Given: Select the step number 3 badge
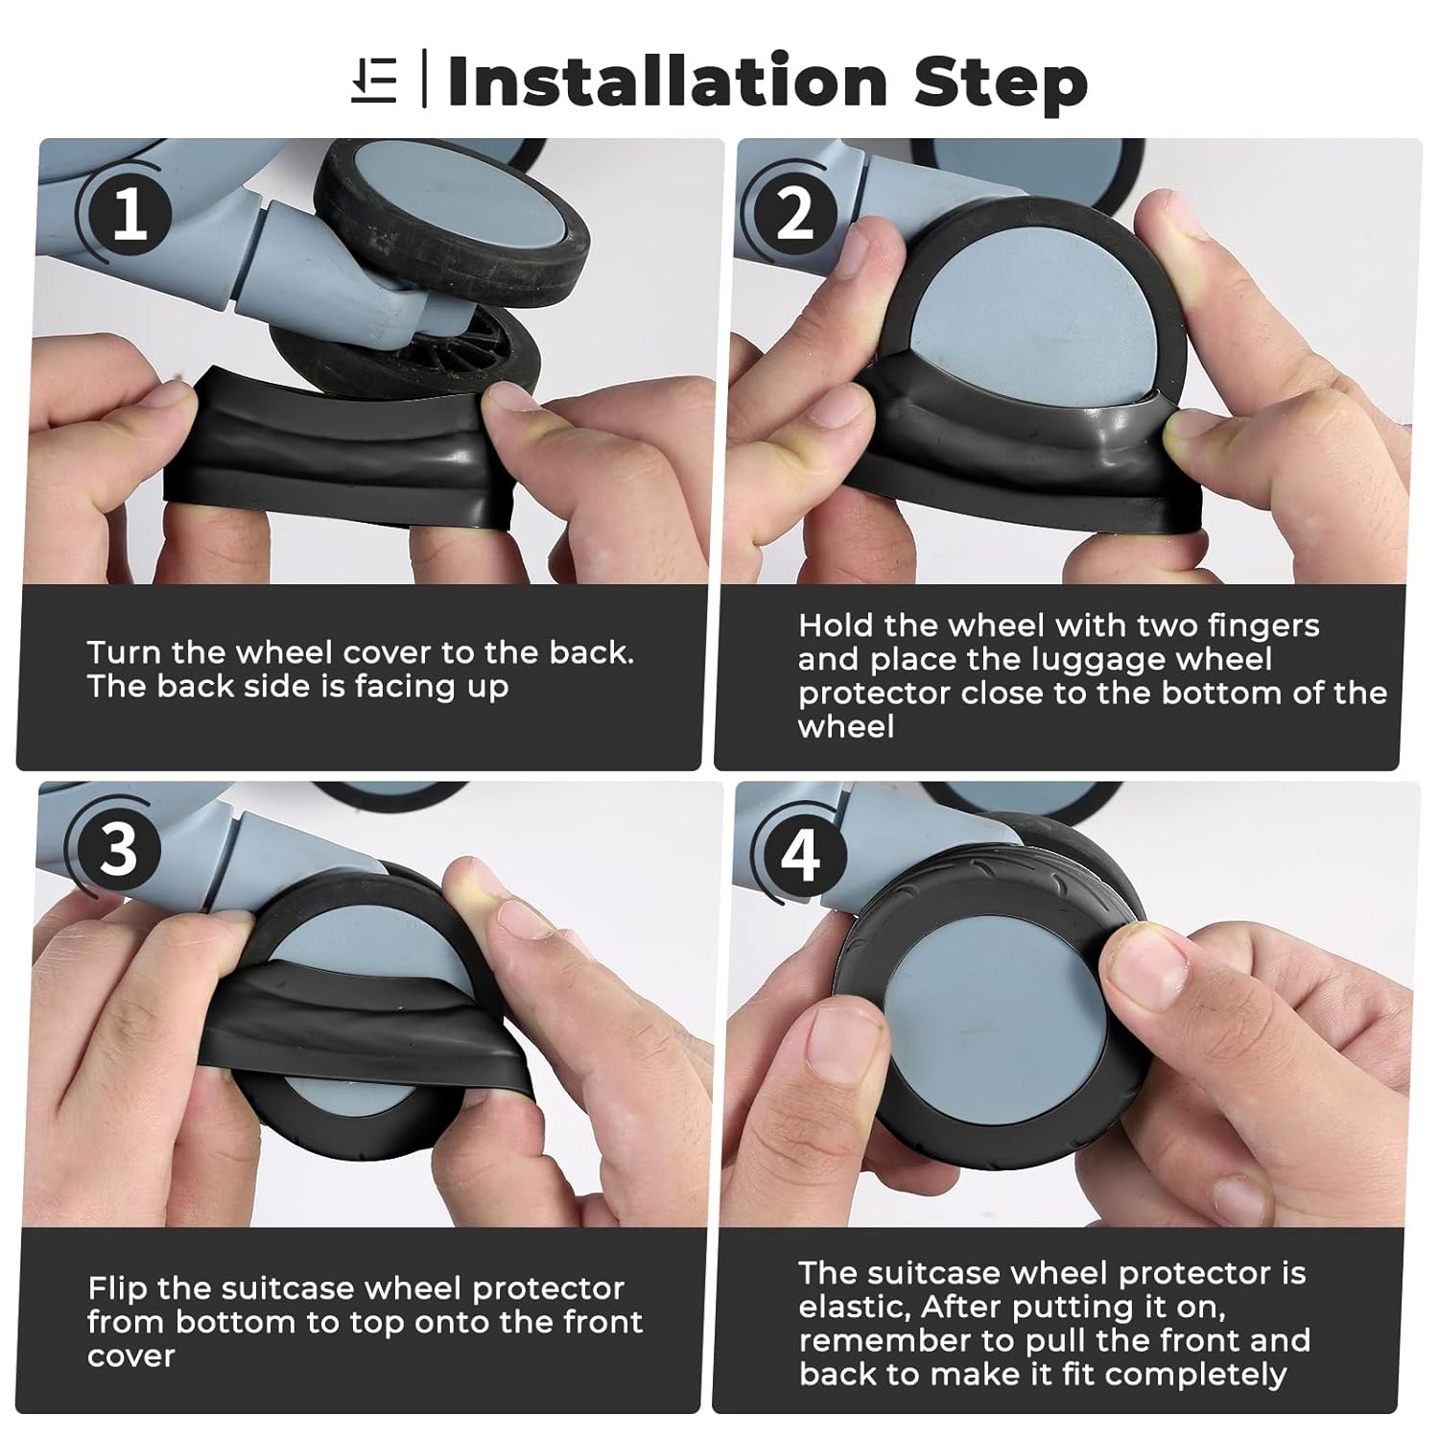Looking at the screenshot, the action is point(119,850).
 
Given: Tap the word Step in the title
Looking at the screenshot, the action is point(1001,83).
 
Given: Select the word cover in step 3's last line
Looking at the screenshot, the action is point(131,1356).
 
